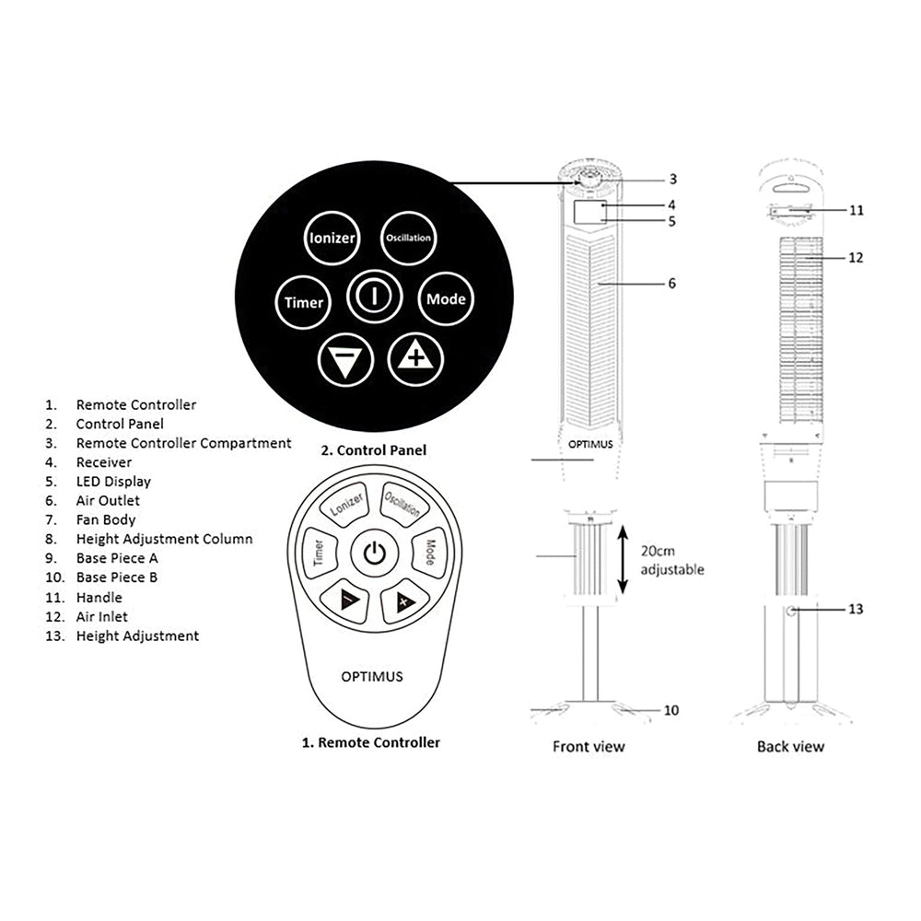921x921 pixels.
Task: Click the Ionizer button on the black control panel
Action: (x=332, y=239)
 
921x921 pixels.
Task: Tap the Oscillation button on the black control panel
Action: (x=407, y=239)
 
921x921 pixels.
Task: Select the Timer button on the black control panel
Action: (x=303, y=302)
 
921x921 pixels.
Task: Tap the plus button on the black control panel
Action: (x=415, y=358)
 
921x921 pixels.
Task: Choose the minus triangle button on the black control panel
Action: (x=345, y=361)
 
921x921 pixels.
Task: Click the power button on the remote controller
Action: (x=373, y=554)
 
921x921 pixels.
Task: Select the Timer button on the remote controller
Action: (x=319, y=554)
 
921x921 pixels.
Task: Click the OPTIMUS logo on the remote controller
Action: (x=372, y=676)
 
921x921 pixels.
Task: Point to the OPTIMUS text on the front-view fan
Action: (x=590, y=443)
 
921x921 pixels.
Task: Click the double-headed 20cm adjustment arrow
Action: (x=624, y=559)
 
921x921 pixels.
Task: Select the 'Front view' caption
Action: (x=589, y=746)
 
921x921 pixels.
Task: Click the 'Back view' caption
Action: (x=790, y=746)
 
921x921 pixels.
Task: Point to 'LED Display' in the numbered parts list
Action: (x=113, y=482)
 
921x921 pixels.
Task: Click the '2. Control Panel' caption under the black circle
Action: (x=373, y=450)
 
